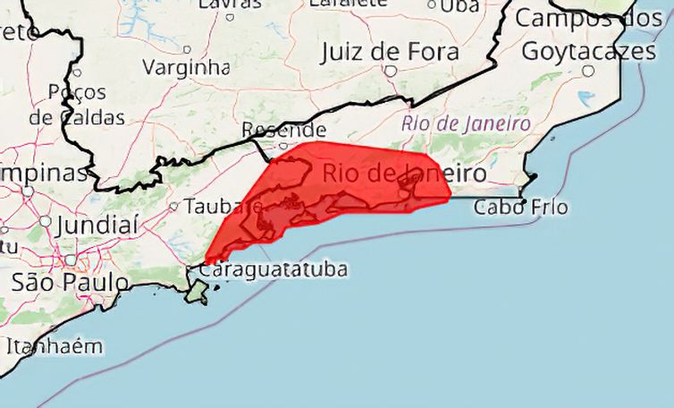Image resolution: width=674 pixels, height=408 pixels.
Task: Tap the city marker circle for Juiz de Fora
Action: (x=391, y=70)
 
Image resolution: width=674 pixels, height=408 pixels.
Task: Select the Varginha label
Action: (x=186, y=67)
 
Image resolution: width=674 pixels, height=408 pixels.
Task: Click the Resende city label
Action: (x=283, y=131)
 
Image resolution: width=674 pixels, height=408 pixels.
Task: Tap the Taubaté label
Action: (x=213, y=207)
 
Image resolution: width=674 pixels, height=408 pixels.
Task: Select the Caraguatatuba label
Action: (x=274, y=268)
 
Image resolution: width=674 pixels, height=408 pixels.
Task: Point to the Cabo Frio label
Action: (x=520, y=208)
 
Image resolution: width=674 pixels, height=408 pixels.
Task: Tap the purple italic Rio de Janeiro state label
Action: (x=466, y=123)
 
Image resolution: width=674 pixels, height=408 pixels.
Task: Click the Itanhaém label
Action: (x=54, y=345)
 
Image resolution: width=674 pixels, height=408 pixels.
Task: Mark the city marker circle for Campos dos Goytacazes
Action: (x=588, y=70)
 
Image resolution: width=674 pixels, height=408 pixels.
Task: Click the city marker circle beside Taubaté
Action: (x=174, y=206)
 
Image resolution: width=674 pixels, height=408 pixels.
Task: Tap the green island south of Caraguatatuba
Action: (x=198, y=291)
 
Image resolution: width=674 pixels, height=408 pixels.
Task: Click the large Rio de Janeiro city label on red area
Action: (x=402, y=172)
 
